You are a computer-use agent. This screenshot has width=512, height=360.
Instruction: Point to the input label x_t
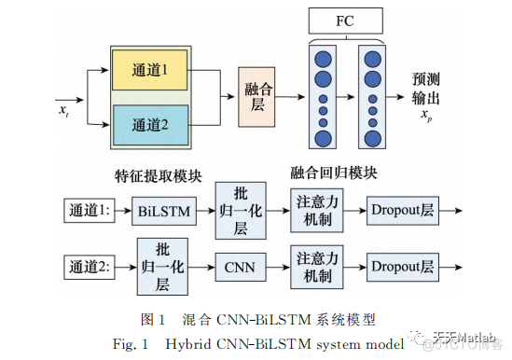click(63, 110)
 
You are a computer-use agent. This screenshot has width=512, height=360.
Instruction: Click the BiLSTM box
click(161, 212)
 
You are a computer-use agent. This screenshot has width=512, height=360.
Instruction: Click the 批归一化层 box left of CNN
click(161, 267)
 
